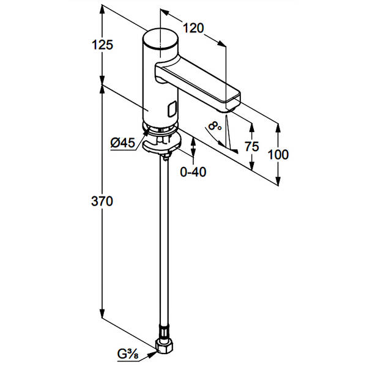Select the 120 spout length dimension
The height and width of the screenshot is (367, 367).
click(192, 28)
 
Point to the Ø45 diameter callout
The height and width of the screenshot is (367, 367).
click(122, 143)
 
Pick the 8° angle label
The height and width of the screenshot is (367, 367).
click(213, 126)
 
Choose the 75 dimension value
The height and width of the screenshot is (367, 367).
click(251, 147)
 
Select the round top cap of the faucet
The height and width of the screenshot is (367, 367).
click(161, 39)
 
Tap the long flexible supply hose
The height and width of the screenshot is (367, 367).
click(166, 245)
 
